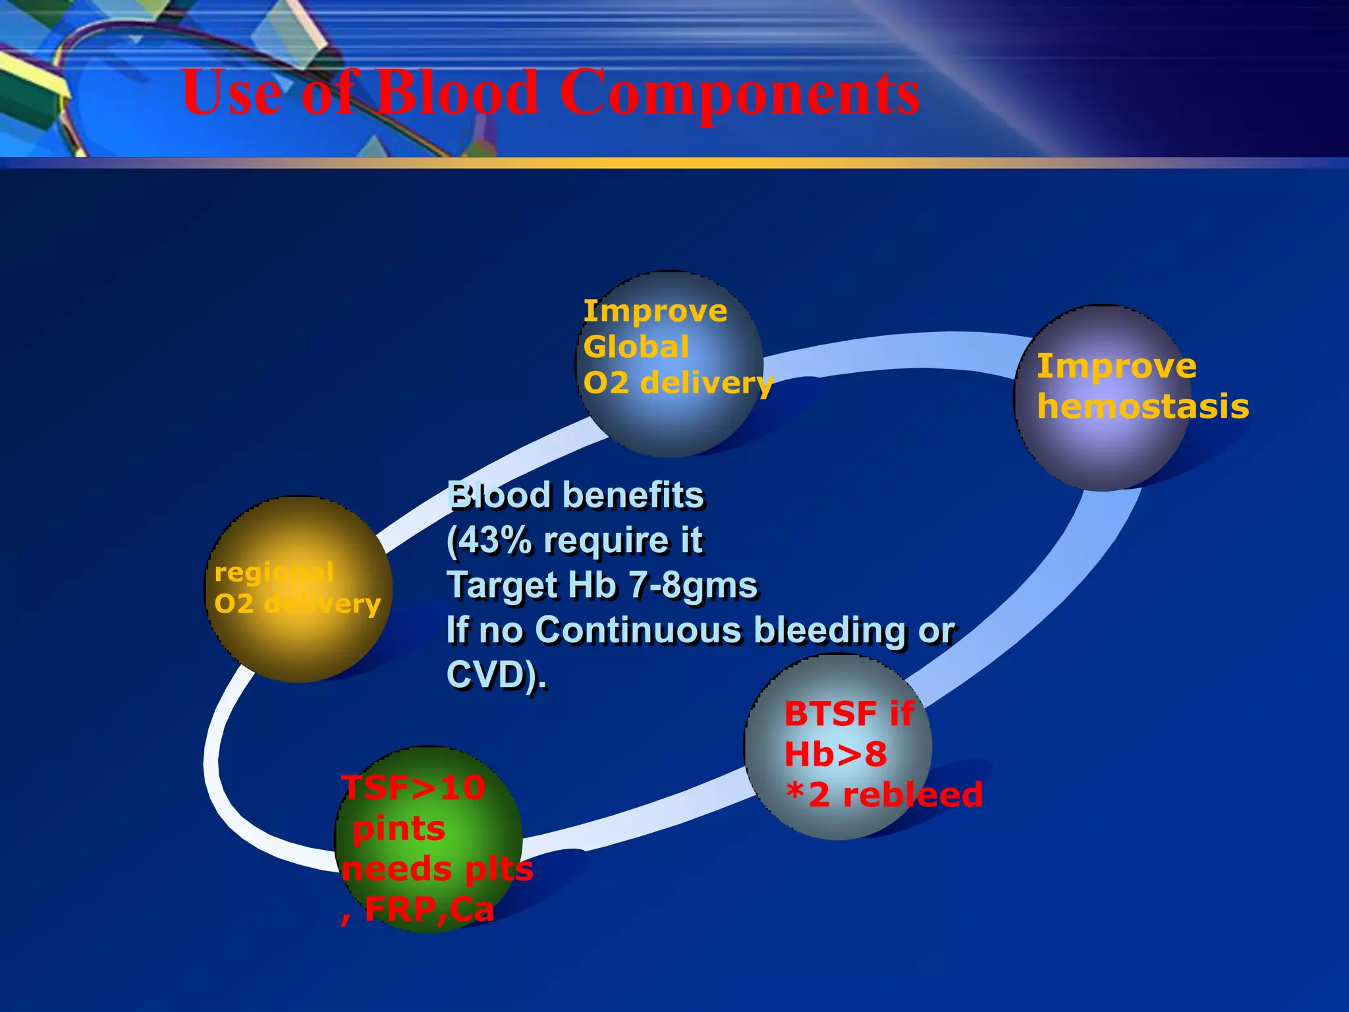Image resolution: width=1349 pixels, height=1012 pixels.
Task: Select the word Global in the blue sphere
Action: click(636, 347)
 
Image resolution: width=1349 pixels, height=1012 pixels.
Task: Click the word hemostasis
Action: click(1143, 407)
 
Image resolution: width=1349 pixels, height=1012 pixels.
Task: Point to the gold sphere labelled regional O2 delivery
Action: click(298, 632)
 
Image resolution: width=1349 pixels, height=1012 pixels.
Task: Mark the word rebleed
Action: click(912, 795)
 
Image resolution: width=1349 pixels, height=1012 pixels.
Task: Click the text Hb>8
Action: click(835, 754)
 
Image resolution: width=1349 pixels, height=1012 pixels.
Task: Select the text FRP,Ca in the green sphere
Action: click(428, 910)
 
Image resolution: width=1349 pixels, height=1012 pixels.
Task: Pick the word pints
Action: click(399, 829)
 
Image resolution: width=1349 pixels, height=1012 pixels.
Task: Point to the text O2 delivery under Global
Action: click(678, 383)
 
